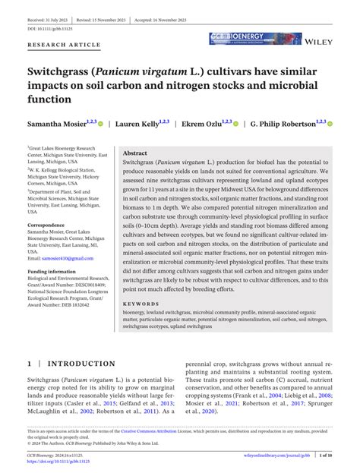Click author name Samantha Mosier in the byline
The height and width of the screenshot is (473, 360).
(55, 123)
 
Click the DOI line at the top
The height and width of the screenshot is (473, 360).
(52, 28)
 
